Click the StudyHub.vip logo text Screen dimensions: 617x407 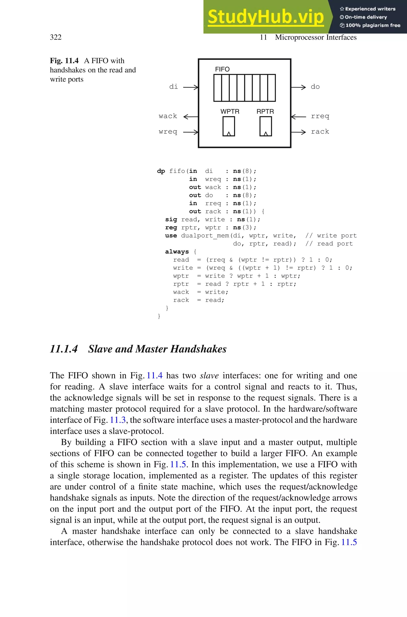(x=266, y=17)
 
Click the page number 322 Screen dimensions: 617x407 (x=56, y=37)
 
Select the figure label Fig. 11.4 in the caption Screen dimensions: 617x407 (x=64, y=61)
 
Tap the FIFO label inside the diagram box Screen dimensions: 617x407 (x=222, y=69)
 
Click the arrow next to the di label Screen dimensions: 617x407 (x=191, y=87)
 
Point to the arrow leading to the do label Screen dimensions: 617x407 (x=298, y=87)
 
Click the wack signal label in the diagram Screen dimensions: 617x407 (x=168, y=116)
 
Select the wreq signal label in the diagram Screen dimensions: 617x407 (x=168, y=132)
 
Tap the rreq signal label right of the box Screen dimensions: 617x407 (x=320, y=116)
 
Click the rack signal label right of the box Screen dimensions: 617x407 (x=320, y=132)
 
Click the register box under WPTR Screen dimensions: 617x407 (x=229, y=126)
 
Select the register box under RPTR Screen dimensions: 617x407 (x=266, y=126)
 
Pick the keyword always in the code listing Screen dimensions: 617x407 (x=177, y=252)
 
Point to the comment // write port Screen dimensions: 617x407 (x=331, y=236)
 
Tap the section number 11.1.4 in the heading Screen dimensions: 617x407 (x=64, y=349)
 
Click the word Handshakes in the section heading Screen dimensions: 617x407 (x=198, y=349)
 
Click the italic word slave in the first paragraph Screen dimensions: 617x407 (x=209, y=375)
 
